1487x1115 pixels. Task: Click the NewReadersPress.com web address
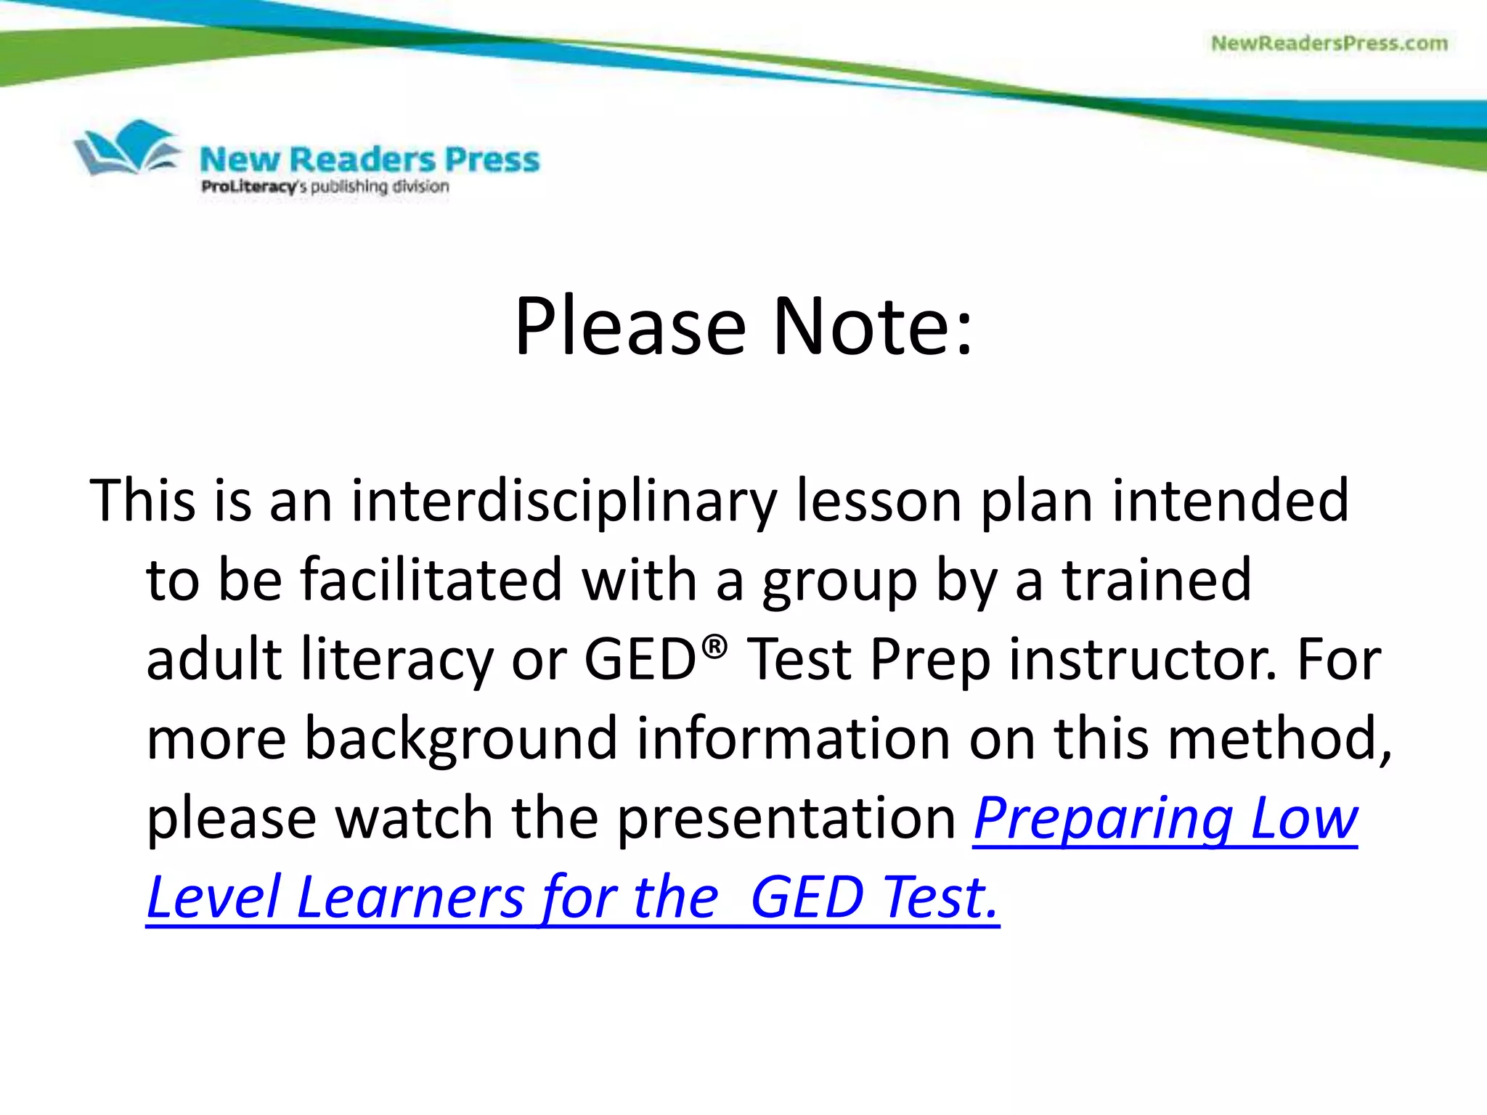(x=1329, y=44)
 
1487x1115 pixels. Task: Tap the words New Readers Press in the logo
(x=370, y=160)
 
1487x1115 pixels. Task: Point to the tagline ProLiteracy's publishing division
(x=325, y=187)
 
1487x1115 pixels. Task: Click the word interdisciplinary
(x=564, y=501)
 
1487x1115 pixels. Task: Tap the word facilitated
(x=431, y=580)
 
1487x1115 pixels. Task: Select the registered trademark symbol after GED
(x=714, y=645)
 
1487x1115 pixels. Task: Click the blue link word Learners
(x=410, y=898)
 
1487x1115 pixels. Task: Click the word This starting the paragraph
(x=143, y=501)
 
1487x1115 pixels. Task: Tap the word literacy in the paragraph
(x=396, y=659)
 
